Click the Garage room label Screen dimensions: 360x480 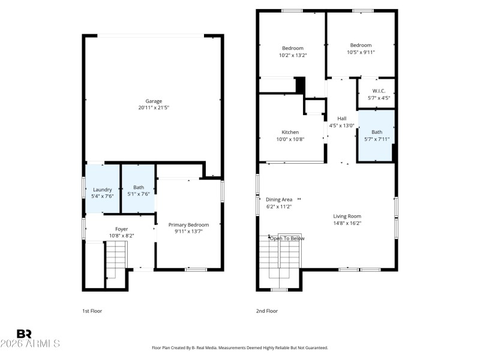[x=154, y=101]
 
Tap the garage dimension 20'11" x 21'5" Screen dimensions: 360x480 [x=154, y=108]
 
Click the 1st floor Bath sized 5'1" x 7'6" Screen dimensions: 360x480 [x=139, y=189]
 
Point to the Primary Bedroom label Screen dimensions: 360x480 [x=188, y=224]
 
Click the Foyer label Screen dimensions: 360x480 [x=121, y=229]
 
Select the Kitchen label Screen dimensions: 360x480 [x=290, y=132]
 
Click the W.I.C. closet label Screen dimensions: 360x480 [x=377, y=91]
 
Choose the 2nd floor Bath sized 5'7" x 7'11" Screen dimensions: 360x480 [x=376, y=135]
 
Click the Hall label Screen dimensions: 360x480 [x=341, y=118]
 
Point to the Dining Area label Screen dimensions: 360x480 [x=279, y=199]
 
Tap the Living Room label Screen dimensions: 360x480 [x=347, y=216]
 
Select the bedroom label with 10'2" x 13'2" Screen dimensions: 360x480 [x=293, y=48]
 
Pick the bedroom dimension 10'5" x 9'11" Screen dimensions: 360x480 [x=361, y=52]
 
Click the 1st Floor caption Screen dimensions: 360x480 [x=92, y=311]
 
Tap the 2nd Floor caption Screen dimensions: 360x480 [x=267, y=311]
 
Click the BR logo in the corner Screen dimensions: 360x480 [x=24, y=334]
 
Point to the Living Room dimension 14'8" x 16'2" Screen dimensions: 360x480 [x=347, y=223]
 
